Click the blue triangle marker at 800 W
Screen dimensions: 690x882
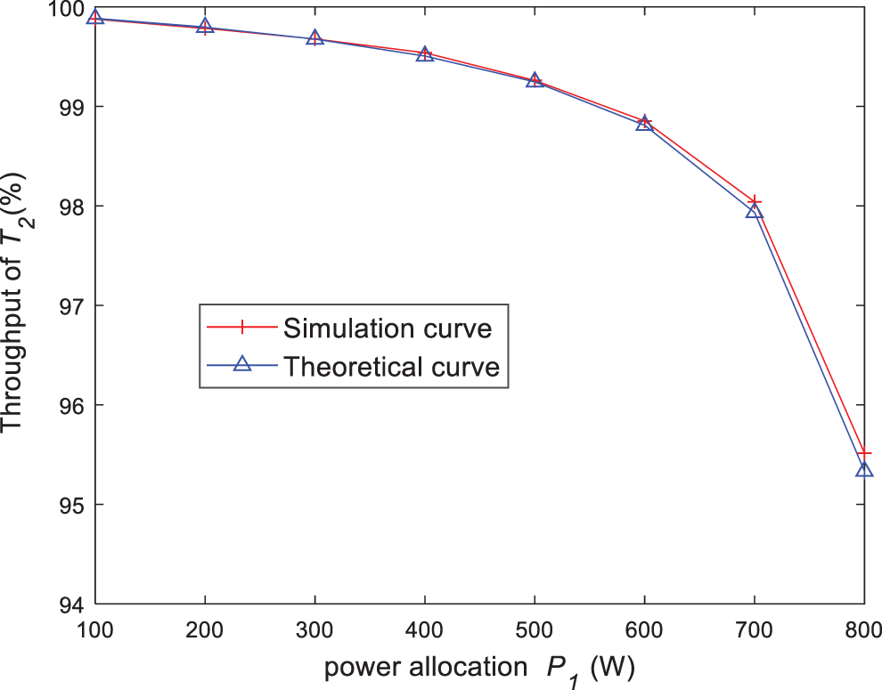point(864,469)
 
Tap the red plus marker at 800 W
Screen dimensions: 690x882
point(864,453)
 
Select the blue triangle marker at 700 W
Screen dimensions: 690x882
point(755,211)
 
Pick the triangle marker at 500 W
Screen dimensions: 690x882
point(535,81)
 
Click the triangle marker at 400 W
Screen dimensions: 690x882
point(425,55)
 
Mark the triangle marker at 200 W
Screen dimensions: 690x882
point(205,27)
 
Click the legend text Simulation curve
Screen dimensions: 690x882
point(388,328)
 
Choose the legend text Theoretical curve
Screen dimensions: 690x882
point(391,366)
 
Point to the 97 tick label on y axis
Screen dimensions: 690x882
point(69,305)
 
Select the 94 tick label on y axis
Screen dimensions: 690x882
point(69,605)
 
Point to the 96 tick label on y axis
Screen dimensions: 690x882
point(69,405)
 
